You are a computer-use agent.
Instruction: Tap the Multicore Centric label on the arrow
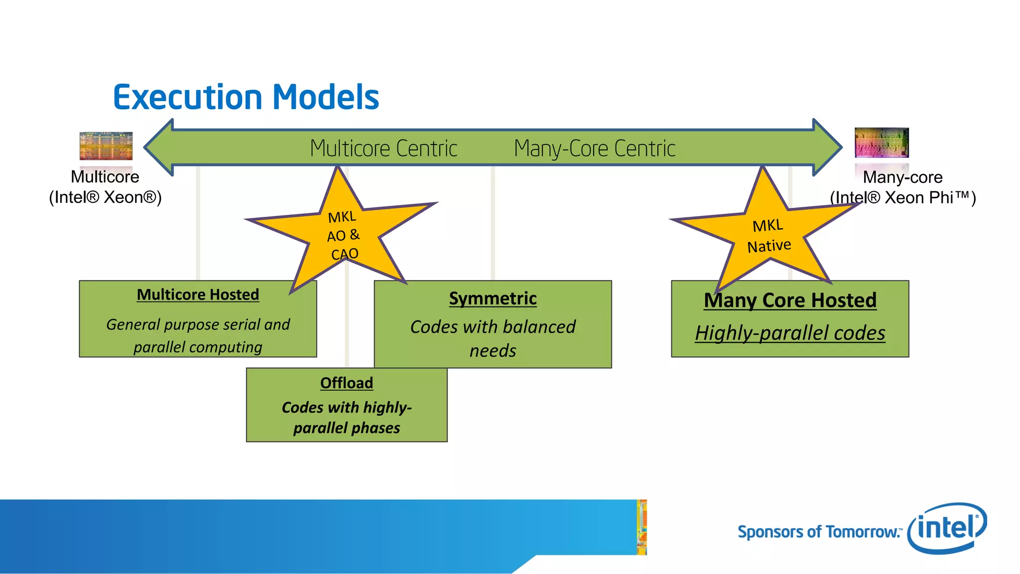(x=383, y=148)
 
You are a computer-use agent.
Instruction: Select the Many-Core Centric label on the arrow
(x=595, y=148)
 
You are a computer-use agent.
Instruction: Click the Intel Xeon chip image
(x=106, y=146)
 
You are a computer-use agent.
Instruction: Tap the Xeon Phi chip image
(x=882, y=143)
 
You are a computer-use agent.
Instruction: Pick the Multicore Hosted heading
(x=198, y=294)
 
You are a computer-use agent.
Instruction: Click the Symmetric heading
(x=493, y=298)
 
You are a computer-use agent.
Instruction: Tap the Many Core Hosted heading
(x=790, y=300)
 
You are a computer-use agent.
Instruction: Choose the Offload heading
(x=347, y=383)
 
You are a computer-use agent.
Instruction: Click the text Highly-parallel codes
(x=790, y=333)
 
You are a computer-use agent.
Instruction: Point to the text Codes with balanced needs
(x=493, y=338)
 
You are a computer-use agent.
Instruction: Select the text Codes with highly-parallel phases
(x=347, y=418)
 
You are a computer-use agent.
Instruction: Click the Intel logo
(x=947, y=528)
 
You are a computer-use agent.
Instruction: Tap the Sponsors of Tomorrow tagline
(x=819, y=532)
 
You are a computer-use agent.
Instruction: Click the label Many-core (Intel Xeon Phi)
(x=902, y=187)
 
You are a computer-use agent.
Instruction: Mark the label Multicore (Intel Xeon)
(x=105, y=187)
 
